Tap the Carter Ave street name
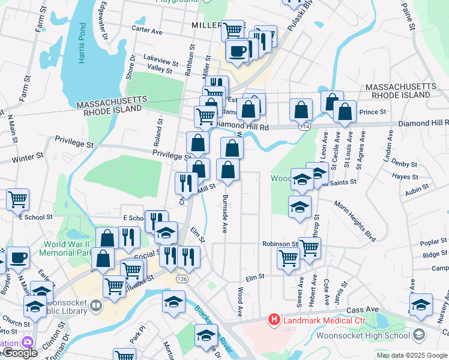pos(147,30)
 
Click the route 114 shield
pos(306,127)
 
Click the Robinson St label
pos(280,244)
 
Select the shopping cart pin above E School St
pos(18,199)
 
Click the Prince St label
pos(372,112)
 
